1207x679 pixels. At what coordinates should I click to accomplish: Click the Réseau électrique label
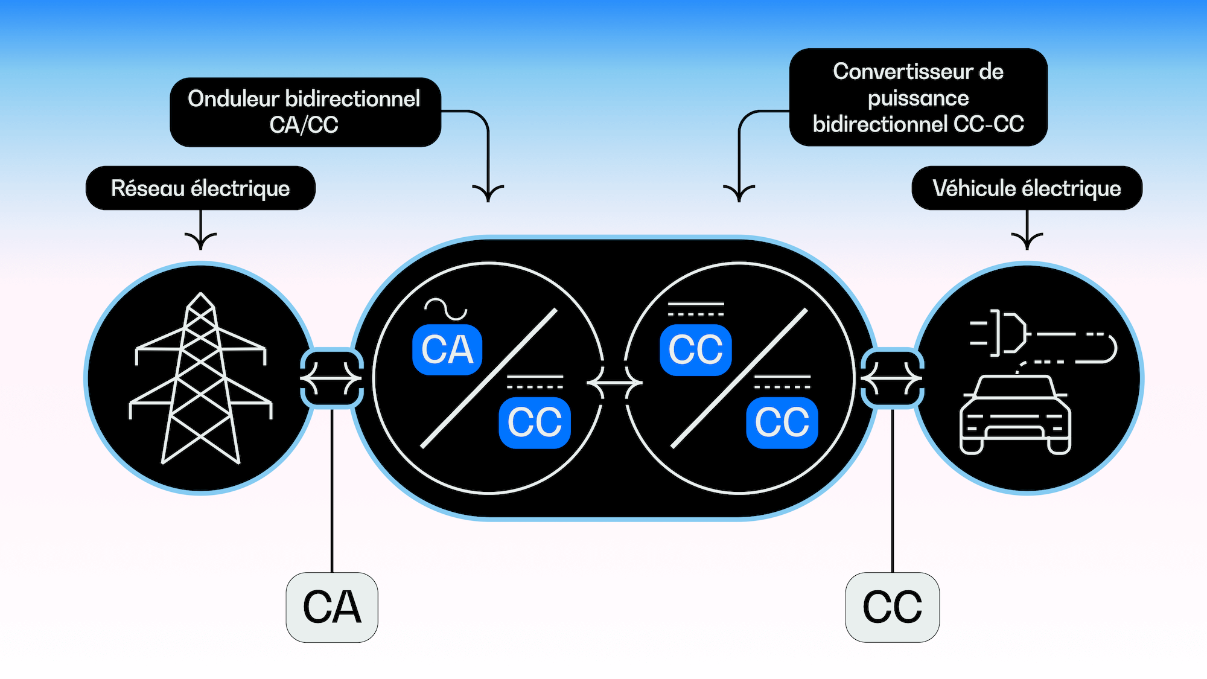click(x=200, y=188)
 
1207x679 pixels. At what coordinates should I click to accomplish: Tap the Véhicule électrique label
click(x=1027, y=188)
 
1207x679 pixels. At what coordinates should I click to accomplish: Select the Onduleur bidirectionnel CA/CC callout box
click(x=305, y=112)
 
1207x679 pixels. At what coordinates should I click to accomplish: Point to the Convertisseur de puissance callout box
click(x=918, y=97)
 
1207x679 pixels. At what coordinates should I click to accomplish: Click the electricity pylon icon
click(x=200, y=379)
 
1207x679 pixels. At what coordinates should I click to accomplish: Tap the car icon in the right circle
click(x=1015, y=414)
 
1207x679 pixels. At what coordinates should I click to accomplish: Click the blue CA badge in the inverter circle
click(x=447, y=349)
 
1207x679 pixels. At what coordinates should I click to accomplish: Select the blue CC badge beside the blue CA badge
click(x=535, y=422)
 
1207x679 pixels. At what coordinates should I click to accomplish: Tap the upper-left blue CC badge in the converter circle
click(x=696, y=349)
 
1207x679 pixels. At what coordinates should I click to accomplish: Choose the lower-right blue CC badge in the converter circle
click(x=782, y=422)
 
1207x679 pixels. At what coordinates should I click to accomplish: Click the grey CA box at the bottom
click(x=332, y=607)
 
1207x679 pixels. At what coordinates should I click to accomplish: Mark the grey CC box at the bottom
click(x=892, y=607)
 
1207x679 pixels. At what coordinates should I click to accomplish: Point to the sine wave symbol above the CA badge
click(x=446, y=309)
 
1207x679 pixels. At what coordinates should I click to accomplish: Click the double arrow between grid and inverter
click(x=331, y=378)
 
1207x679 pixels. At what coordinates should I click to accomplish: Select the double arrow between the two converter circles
click(x=614, y=383)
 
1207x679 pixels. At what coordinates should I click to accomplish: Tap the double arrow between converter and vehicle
click(x=892, y=378)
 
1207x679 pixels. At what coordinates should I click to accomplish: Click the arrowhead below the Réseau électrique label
click(x=200, y=240)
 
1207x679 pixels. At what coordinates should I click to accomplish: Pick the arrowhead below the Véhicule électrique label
click(x=1027, y=240)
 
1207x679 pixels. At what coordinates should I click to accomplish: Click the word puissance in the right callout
click(x=918, y=98)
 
